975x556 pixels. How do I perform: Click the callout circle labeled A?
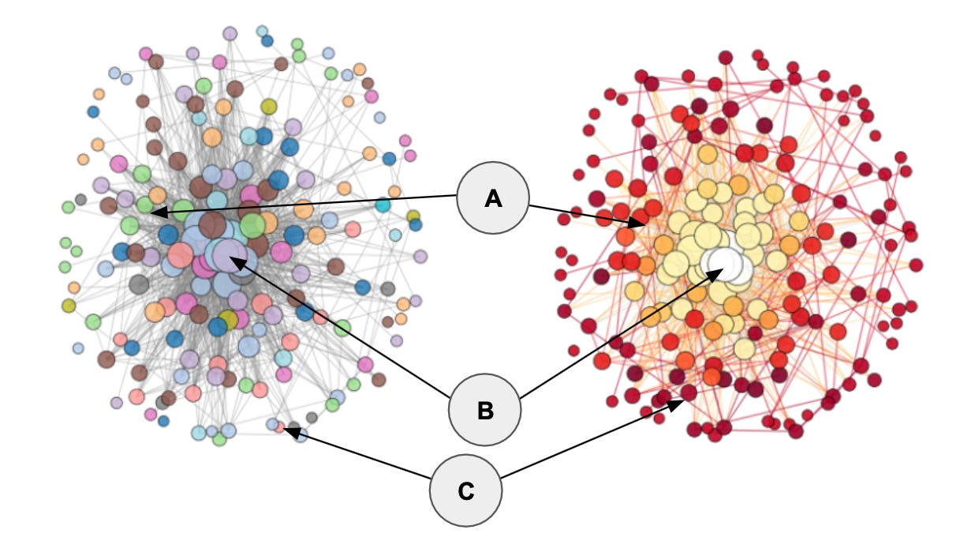click(493, 198)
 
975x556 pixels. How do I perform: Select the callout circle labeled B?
click(484, 410)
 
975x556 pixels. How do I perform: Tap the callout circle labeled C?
click(465, 490)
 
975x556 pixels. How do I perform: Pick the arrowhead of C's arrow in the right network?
click(680, 403)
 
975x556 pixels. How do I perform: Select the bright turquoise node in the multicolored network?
click(383, 205)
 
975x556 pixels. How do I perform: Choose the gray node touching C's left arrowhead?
click(293, 430)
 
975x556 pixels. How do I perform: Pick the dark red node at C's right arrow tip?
click(689, 393)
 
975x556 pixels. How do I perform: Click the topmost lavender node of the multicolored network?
click(230, 33)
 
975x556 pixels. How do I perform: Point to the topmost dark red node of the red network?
click(726, 57)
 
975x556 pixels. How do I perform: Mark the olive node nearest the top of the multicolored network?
click(269, 106)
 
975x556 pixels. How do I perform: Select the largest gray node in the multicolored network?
click(139, 284)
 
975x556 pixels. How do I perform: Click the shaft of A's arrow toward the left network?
click(308, 204)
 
